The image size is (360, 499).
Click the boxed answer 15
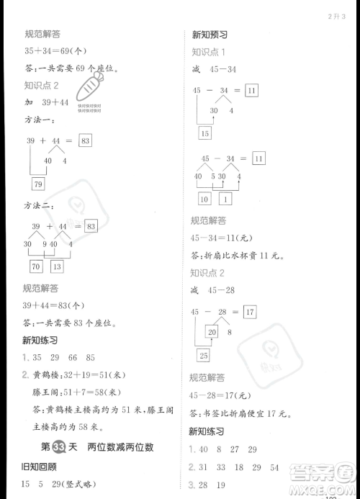pos(204,132)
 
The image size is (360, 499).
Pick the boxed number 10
pos(204,199)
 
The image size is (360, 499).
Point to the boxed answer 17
pos(250,312)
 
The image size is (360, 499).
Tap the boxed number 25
pos(204,354)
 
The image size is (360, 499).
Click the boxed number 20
pos(212,332)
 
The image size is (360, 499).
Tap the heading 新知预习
pos(210,34)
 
